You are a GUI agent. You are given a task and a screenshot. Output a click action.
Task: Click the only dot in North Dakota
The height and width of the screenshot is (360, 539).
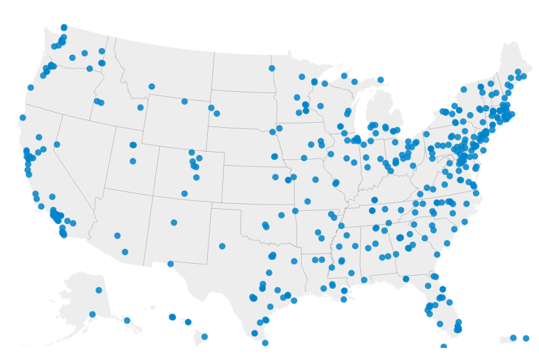click(272, 68)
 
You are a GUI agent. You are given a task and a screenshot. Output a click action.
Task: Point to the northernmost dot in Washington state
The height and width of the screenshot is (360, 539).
click(64, 27)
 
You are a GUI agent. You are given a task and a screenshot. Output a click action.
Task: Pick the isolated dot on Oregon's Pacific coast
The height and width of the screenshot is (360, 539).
click(30, 87)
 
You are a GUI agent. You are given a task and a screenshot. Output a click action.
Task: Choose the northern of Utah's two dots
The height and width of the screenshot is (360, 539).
click(133, 145)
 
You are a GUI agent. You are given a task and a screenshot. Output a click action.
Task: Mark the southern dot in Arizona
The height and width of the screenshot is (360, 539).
click(125, 252)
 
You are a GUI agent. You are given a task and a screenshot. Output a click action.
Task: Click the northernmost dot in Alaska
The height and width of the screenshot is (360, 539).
click(99, 290)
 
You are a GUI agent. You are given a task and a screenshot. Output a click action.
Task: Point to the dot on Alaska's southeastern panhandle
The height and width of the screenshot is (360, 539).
click(127, 320)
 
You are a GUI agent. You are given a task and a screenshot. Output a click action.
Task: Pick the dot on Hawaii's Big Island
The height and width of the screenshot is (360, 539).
click(205, 336)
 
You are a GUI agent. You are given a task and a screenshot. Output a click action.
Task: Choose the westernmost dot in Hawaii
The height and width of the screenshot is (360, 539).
click(172, 317)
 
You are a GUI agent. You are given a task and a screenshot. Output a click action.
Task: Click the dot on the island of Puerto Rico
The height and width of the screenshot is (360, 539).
click(513, 338)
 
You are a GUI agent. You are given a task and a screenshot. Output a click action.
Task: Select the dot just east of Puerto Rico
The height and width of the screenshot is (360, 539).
click(526, 338)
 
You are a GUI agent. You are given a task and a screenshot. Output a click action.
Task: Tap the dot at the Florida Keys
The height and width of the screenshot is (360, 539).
click(444, 346)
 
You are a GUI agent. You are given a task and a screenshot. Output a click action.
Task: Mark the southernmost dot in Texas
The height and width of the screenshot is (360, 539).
click(265, 343)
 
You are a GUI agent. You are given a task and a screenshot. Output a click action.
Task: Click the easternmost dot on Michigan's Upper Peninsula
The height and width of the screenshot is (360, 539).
click(380, 80)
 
